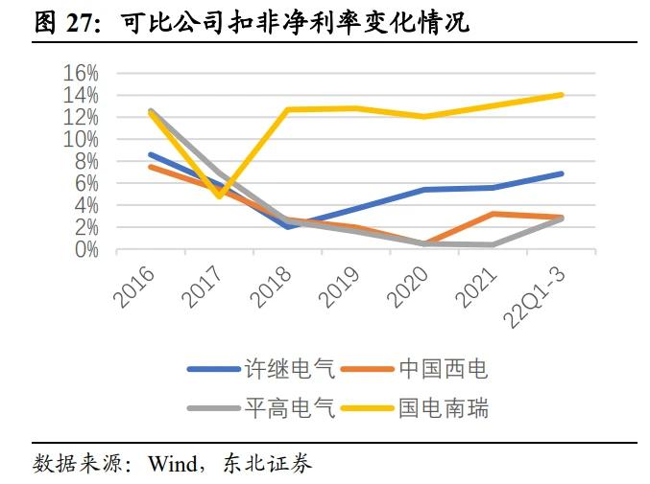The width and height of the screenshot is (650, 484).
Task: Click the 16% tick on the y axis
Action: click(x=81, y=73)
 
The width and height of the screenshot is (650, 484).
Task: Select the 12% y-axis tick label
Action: click(x=81, y=117)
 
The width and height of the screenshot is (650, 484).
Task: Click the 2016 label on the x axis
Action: click(x=134, y=287)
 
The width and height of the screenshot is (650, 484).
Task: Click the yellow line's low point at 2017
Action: click(x=219, y=195)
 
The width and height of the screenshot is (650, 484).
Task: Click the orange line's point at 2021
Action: click(x=492, y=214)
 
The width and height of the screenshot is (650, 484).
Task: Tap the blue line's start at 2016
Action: click(x=151, y=154)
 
